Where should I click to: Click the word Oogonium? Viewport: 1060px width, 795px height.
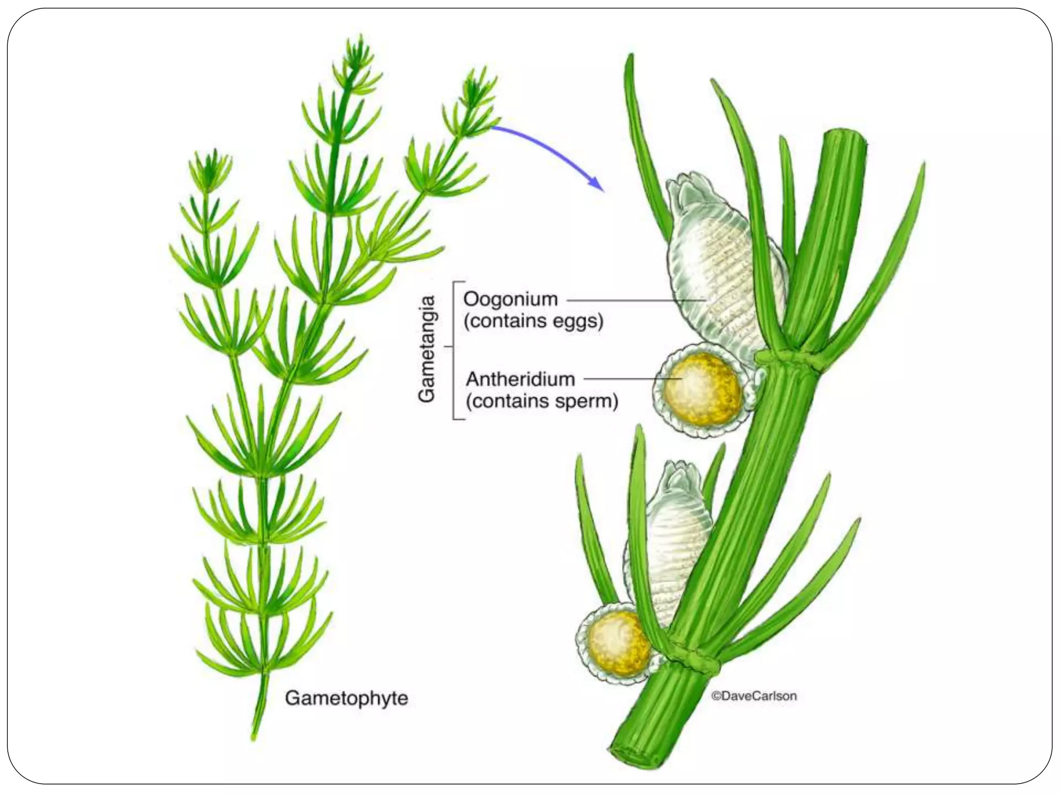pyautogui.click(x=510, y=299)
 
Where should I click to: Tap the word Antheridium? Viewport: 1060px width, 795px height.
pyautogui.click(x=520, y=379)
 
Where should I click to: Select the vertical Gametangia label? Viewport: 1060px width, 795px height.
pyautogui.click(x=427, y=349)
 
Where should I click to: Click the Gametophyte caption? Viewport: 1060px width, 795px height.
pyautogui.click(x=346, y=698)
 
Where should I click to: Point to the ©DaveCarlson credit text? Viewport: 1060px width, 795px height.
pyautogui.click(x=754, y=696)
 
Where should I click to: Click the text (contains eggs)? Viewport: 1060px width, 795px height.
pyautogui.click(x=534, y=321)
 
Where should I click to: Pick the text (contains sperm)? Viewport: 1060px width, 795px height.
pyautogui.click(x=542, y=402)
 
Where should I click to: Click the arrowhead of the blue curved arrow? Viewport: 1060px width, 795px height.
pyautogui.click(x=598, y=185)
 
